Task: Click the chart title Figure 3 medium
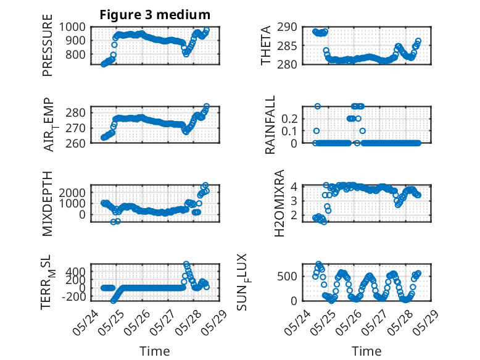point(155,15)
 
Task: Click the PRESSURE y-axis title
point(48,45)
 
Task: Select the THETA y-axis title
point(266,45)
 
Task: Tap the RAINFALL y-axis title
point(270,125)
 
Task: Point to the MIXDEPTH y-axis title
point(48,204)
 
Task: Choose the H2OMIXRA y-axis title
point(279,203)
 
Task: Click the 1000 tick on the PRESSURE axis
point(72,27)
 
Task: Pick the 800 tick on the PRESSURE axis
point(75,54)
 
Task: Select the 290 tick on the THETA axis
point(287,27)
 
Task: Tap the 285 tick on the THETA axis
point(287,46)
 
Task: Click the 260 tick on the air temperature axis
point(75,143)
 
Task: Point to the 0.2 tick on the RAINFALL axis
point(289,119)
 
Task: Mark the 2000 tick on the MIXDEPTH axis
point(72,193)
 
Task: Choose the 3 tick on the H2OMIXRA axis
point(294,201)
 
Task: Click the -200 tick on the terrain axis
point(73,296)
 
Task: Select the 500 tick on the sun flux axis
point(287,276)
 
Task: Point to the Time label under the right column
point(366,351)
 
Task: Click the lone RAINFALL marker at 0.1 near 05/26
point(363,131)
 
